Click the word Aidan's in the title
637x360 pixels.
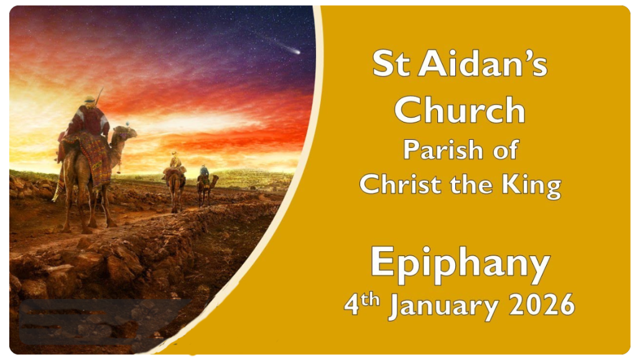pyautogui.click(x=483, y=63)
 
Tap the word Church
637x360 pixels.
pyautogui.click(x=460, y=110)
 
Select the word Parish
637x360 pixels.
pyautogui.click(x=443, y=150)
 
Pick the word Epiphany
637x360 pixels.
pyautogui.click(x=460, y=264)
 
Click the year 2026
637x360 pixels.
pyautogui.click(x=542, y=305)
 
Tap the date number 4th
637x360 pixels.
pyautogui.click(x=361, y=303)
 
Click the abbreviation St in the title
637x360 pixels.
pyautogui.click(x=391, y=63)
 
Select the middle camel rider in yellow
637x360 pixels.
pyautogui.click(x=175, y=161)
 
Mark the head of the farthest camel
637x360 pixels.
pyautogui.click(x=215, y=177)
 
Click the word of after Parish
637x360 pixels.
pyautogui.click(x=505, y=150)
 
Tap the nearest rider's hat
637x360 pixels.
pyautogui.click(x=90, y=99)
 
